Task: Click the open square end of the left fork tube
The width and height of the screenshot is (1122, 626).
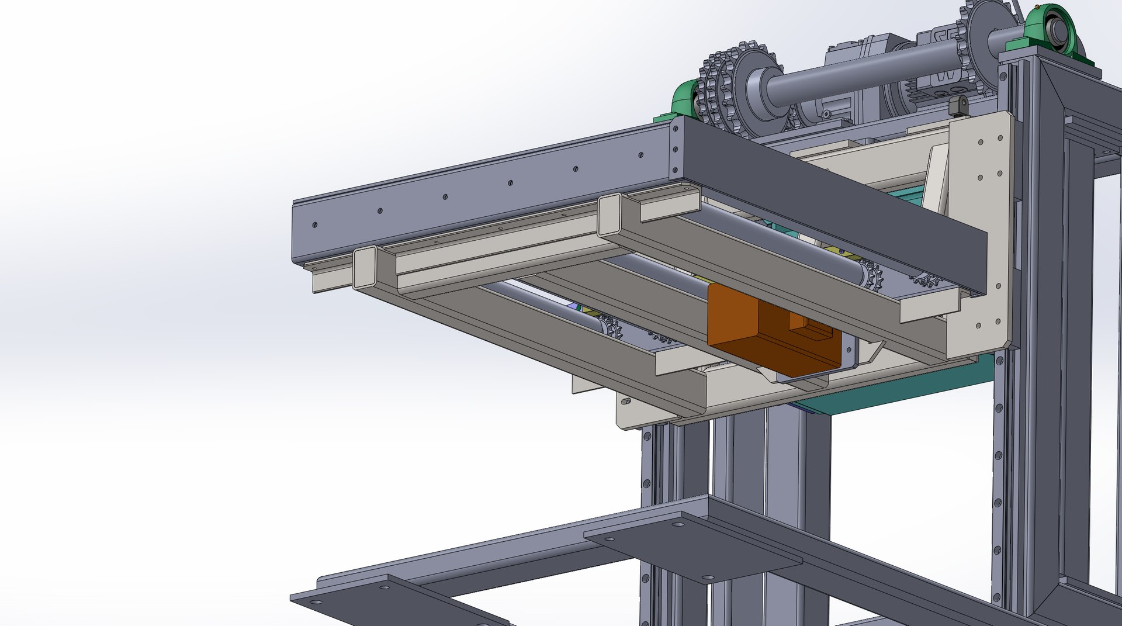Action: click(365, 267)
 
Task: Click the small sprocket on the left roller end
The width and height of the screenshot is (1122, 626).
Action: click(611, 327)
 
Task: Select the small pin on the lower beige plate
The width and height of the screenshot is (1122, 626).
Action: click(626, 402)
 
